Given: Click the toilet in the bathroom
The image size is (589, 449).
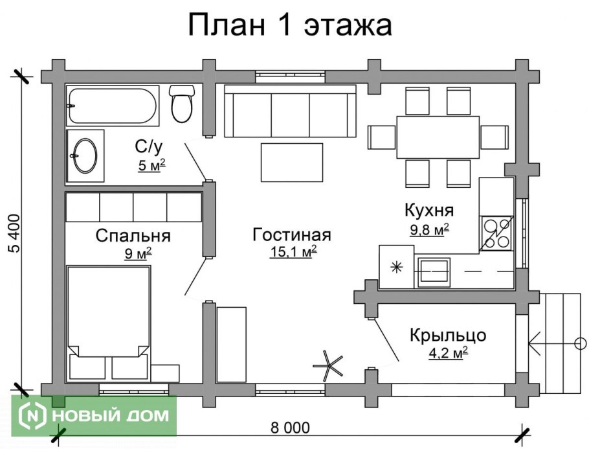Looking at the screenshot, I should (x=182, y=104).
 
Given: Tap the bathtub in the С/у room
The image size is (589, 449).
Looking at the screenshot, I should (x=113, y=106).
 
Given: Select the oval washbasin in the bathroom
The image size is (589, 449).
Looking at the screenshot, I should (x=85, y=155).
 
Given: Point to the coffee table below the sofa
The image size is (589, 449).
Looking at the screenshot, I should (x=291, y=163).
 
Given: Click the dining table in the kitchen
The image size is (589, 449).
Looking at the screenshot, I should (x=438, y=136).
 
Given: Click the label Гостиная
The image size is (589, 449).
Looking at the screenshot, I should (x=292, y=235).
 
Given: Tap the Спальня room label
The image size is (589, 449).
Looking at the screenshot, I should (x=133, y=235).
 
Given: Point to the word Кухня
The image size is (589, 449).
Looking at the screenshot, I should (x=429, y=211).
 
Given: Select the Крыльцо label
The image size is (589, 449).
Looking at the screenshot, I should (x=448, y=336).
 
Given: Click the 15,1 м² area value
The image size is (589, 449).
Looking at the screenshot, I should (x=293, y=251).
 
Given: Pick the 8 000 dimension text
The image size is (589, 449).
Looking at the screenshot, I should (x=289, y=428).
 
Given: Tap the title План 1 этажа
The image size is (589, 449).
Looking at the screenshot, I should (x=291, y=26).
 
